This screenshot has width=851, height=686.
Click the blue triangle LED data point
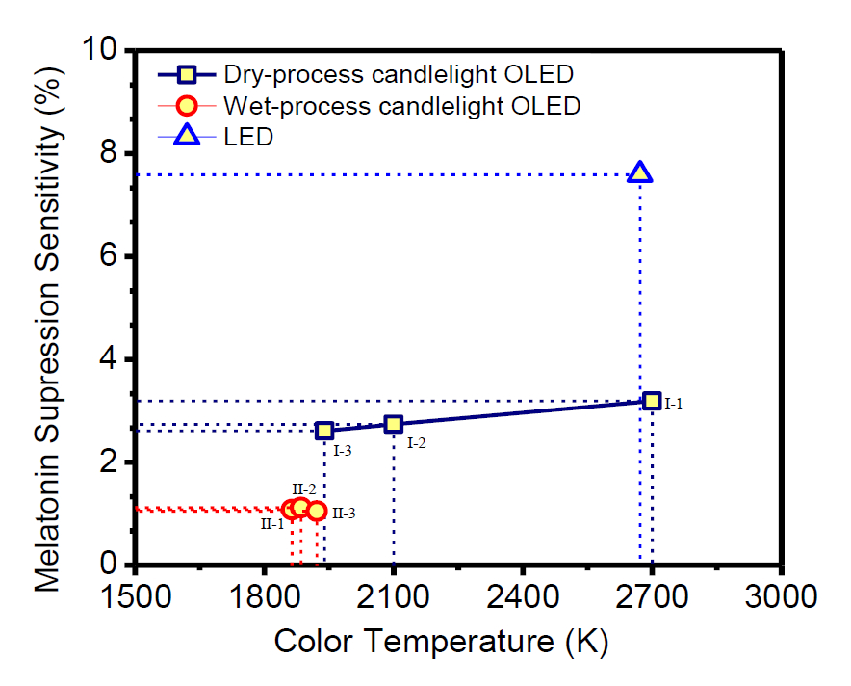pyautogui.click(x=640, y=173)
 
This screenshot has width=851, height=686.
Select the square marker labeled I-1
pyautogui.click(x=652, y=401)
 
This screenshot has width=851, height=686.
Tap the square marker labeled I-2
pyautogui.click(x=394, y=424)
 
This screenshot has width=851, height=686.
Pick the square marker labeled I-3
pyautogui.click(x=324, y=431)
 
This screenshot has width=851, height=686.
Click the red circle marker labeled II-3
pyautogui.click(x=317, y=511)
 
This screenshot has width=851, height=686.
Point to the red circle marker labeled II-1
pyautogui.click(x=292, y=510)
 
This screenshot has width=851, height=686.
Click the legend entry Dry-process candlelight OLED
pyautogui.click(x=399, y=74)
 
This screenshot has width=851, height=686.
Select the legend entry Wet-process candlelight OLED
pyautogui.click(x=401, y=105)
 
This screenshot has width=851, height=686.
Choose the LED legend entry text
pyautogui.click(x=248, y=137)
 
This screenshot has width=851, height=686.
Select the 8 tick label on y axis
pyautogui.click(x=114, y=153)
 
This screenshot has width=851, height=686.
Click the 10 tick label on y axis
pyautogui.click(x=105, y=50)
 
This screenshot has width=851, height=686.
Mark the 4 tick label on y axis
pyautogui.click(x=114, y=359)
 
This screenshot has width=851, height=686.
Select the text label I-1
pyautogui.click(x=673, y=404)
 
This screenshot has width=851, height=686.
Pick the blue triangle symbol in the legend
pyautogui.click(x=187, y=137)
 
